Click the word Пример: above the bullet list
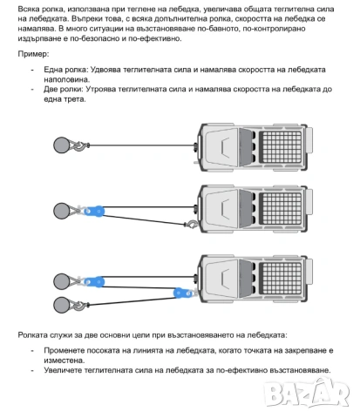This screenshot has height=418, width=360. click(33, 54)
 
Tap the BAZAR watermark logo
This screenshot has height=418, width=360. click(307, 392)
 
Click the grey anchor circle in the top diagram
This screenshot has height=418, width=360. click(62, 145)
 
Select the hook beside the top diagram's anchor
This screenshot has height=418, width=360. click(80, 145)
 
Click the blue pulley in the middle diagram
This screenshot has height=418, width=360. click(94, 211)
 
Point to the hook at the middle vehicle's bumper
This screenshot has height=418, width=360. click(192, 224)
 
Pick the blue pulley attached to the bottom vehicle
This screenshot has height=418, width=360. click(183, 293)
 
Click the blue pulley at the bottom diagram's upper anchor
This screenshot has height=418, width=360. click(94, 281)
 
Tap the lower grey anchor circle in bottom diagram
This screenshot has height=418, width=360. click(62, 305)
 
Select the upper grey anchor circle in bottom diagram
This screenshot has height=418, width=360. click(62, 281)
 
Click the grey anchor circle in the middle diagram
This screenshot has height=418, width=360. click(62, 211)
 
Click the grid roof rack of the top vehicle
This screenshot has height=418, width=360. click(281, 146)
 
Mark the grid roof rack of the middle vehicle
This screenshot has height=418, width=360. click(281, 208)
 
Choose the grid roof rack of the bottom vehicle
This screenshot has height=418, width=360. click(281, 278)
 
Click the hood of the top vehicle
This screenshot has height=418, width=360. click(221, 147)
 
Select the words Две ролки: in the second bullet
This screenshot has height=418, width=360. click(64, 90)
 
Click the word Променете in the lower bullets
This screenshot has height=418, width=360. click(64, 351)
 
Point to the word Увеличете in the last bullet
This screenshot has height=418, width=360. click(62, 370)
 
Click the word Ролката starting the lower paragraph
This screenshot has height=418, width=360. click(32, 335)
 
